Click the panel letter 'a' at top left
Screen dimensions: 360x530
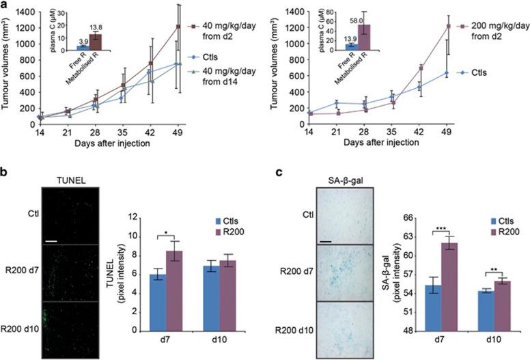4,5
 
